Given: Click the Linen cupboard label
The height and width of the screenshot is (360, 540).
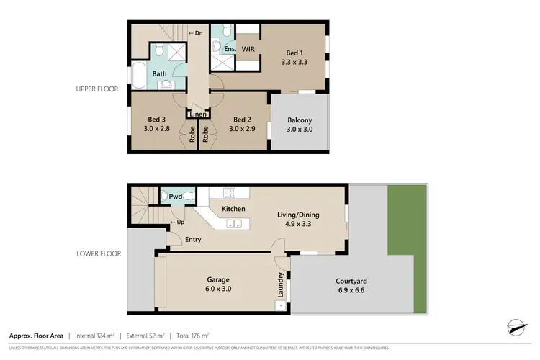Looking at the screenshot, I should [198, 114].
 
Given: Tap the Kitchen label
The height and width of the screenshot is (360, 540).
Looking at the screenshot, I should [233, 209].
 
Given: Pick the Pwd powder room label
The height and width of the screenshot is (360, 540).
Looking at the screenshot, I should [176, 196].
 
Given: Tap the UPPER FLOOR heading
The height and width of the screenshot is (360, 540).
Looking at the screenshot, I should [96, 90].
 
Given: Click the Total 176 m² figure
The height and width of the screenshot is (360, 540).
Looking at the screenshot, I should [194, 336].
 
